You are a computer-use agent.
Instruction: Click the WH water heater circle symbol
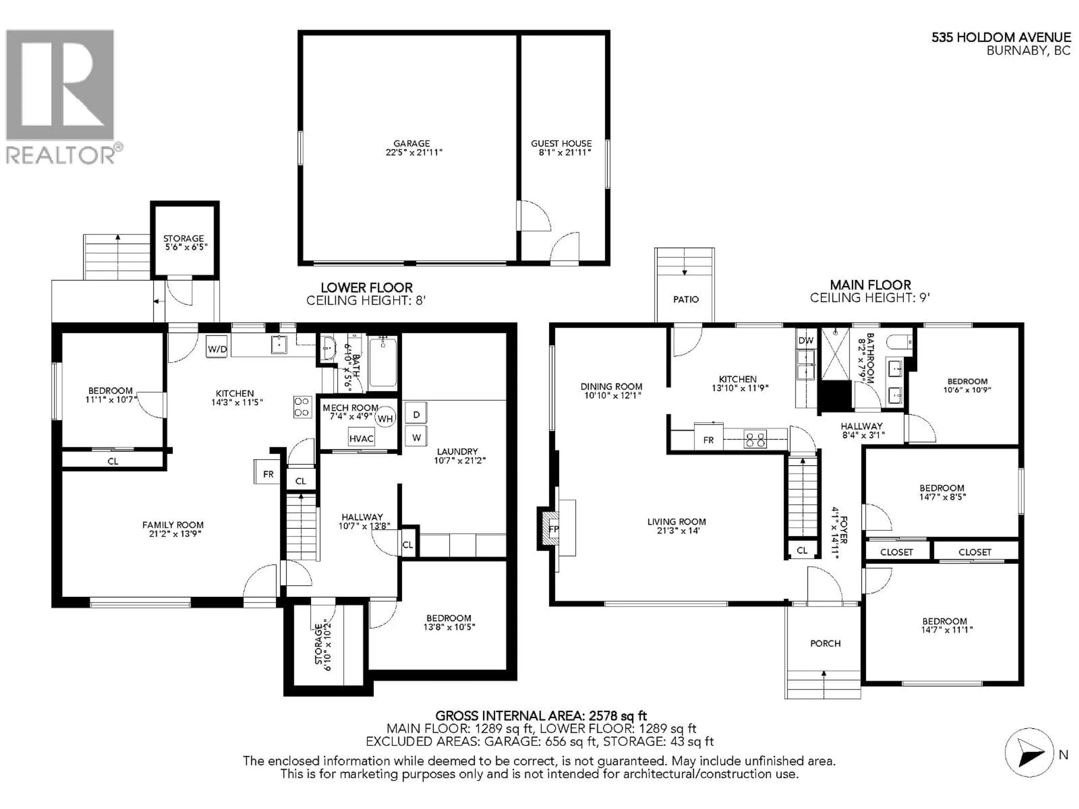[x=385, y=418]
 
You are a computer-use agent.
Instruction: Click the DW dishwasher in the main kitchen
[x=806, y=340]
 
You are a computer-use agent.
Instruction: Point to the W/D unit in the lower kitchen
[x=217, y=349]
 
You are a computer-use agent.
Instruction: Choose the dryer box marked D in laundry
[x=416, y=414]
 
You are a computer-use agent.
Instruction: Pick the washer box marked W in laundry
[x=416, y=437]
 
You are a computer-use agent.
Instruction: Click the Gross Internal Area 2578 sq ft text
[x=540, y=716]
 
